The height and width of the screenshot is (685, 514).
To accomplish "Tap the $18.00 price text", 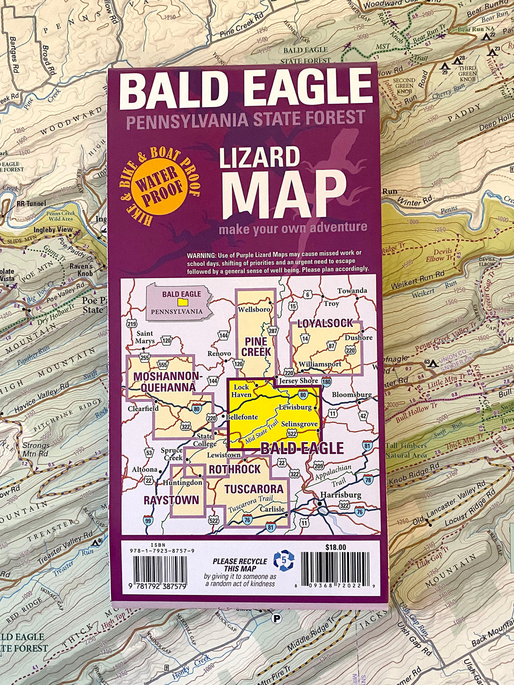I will (335, 547).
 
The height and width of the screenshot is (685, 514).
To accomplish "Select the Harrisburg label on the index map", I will (341, 494).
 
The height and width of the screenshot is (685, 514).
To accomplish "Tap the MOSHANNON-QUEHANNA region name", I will (165, 382).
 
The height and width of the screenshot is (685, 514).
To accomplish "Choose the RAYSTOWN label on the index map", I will (171, 500).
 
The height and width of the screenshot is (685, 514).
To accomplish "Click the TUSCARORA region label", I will (254, 489).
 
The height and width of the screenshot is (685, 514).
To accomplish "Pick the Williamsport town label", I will (320, 364).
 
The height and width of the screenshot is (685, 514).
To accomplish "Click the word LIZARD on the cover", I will (259, 158).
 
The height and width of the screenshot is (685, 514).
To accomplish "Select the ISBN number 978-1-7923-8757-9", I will (161, 551).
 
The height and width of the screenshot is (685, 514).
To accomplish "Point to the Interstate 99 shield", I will (148, 521).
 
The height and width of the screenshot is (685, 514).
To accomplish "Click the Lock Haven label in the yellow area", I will (242, 390).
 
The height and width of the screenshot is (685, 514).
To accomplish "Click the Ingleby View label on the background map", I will (53, 229).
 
